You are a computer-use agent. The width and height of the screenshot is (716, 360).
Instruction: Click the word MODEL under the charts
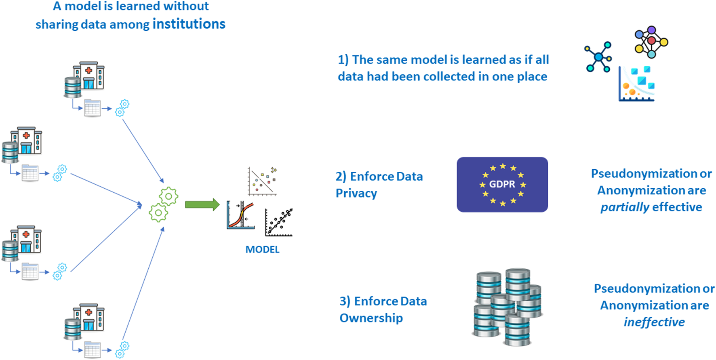tap(262, 249)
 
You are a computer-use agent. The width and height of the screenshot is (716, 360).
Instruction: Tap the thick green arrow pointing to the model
tap(202, 205)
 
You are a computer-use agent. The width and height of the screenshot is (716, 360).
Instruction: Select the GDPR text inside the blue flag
tap(502, 184)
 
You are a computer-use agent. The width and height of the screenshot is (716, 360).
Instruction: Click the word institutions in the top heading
tap(189, 24)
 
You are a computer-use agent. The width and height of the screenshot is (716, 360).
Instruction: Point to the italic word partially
tap(624, 207)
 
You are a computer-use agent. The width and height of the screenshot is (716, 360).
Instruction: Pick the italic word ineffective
tap(654, 322)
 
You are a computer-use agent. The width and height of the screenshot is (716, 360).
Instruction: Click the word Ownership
tap(371, 318)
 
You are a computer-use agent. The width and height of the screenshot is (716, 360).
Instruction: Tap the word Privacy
tap(356, 193)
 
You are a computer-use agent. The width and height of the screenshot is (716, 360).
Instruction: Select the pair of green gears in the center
tap(163, 204)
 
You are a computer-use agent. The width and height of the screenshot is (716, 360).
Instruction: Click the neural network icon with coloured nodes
tap(651, 42)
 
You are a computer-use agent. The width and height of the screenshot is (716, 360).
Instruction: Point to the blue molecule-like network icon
tap(598, 57)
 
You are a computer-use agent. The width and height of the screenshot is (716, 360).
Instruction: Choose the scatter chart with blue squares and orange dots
tap(636, 84)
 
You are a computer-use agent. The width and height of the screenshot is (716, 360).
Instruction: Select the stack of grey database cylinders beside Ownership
tap(508, 307)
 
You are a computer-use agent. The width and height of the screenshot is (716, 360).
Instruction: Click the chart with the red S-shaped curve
tap(240, 215)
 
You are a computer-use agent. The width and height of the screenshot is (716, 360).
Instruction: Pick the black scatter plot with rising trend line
tap(279, 222)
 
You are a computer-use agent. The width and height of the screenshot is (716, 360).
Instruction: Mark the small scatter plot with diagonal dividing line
tap(262, 181)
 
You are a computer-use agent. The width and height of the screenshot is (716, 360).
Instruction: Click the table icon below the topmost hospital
tap(92, 108)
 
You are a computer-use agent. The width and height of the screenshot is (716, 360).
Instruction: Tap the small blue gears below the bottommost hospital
tap(122, 350)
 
